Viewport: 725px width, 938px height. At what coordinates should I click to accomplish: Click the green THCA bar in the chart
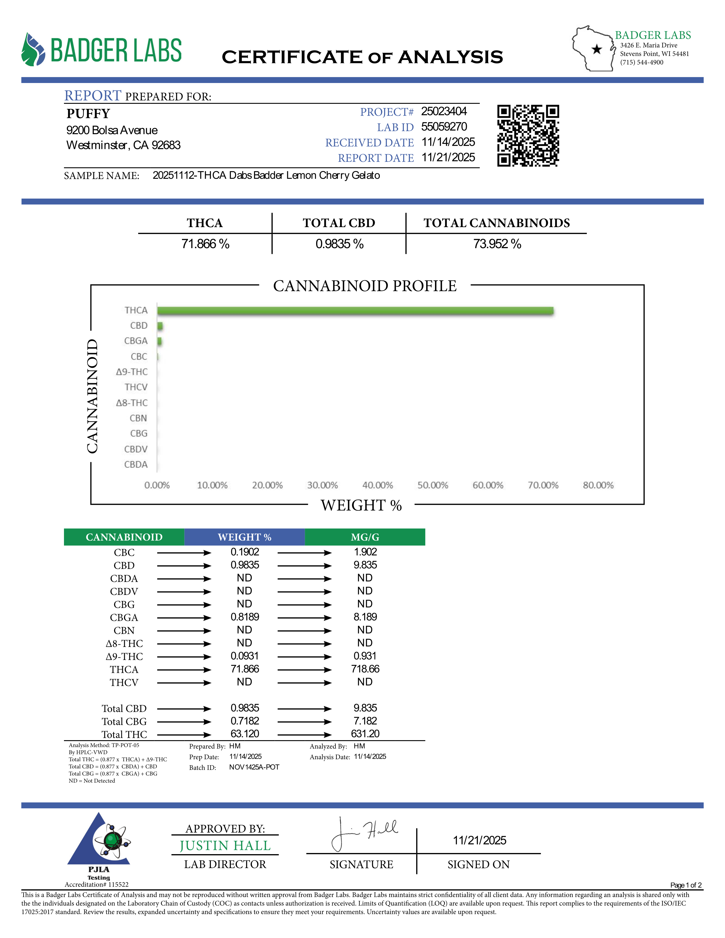tap(355, 310)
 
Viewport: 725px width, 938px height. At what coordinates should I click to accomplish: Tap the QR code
tap(528, 135)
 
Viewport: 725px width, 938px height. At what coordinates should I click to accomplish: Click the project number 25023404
tap(444, 111)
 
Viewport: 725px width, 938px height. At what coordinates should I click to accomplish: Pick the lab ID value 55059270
tap(444, 127)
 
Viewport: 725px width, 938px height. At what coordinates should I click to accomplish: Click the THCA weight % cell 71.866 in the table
tap(245, 669)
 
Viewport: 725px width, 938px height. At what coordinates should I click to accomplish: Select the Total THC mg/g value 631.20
tap(365, 734)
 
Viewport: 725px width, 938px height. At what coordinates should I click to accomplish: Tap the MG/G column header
tap(365, 537)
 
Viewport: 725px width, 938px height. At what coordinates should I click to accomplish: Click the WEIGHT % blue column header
tap(245, 537)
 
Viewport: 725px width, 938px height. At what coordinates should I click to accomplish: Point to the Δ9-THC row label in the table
tap(124, 656)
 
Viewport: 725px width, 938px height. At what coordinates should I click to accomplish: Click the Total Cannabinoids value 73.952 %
tap(497, 244)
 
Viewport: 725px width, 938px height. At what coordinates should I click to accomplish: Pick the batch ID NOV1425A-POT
tap(254, 767)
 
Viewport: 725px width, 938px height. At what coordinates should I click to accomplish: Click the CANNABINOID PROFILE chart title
tap(365, 286)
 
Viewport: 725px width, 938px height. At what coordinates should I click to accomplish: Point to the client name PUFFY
tap(88, 114)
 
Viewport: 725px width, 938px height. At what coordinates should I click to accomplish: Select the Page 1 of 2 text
tap(685, 885)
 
